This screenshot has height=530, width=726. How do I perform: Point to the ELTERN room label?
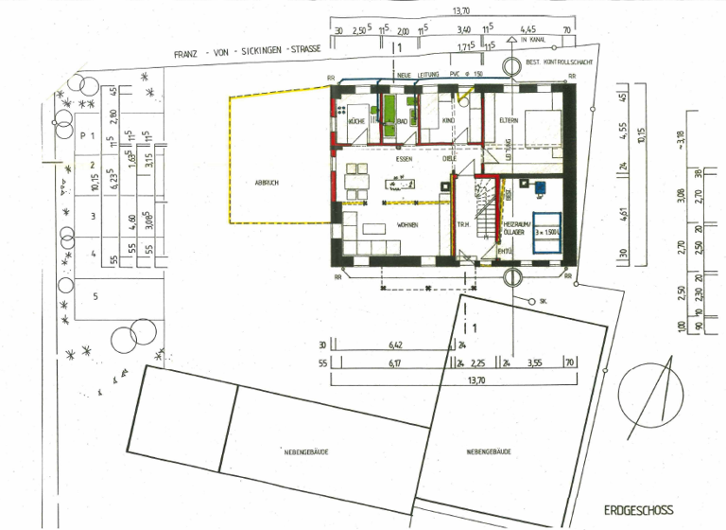(x=509, y=121)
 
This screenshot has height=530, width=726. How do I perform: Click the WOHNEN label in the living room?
(x=407, y=225)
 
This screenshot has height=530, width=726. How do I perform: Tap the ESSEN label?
(x=405, y=160)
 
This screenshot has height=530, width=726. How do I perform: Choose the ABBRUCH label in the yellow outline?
(x=268, y=183)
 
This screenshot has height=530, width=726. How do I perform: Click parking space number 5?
(x=95, y=295)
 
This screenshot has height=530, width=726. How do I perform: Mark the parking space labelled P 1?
(x=90, y=136)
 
